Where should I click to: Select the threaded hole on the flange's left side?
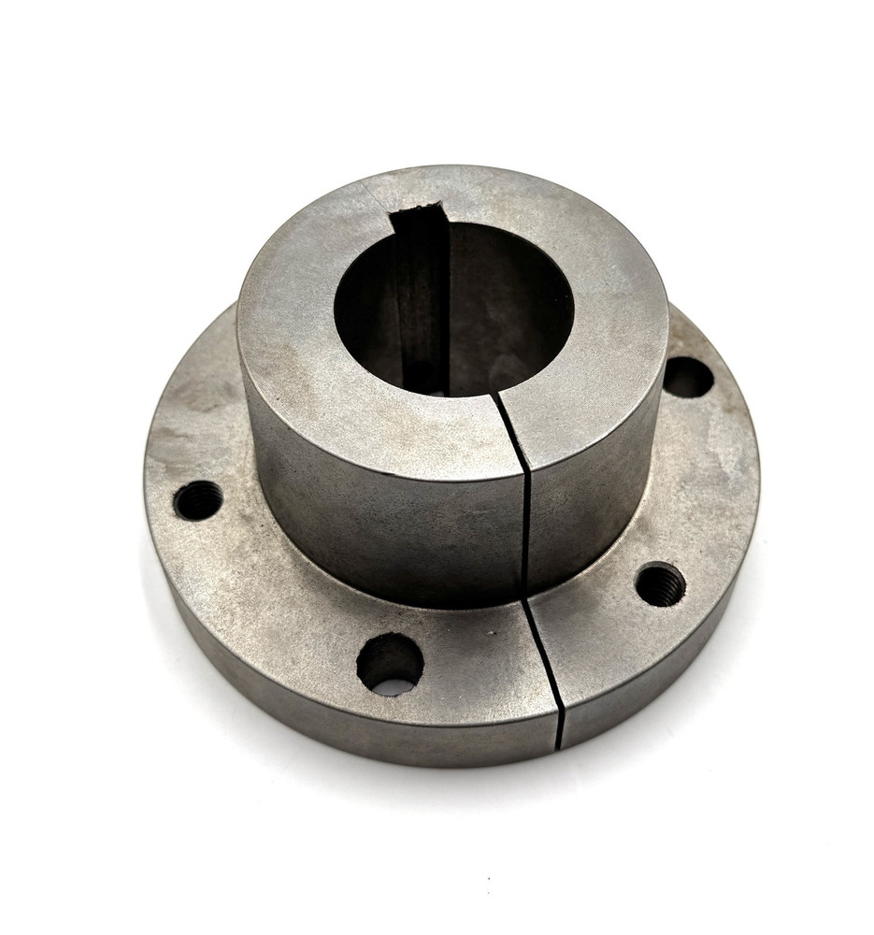click(x=198, y=500)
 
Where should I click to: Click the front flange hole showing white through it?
click(x=390, y=664)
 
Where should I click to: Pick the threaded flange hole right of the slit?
click(x=660, y=584)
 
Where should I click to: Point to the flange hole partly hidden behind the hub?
click(x=687, y=376)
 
